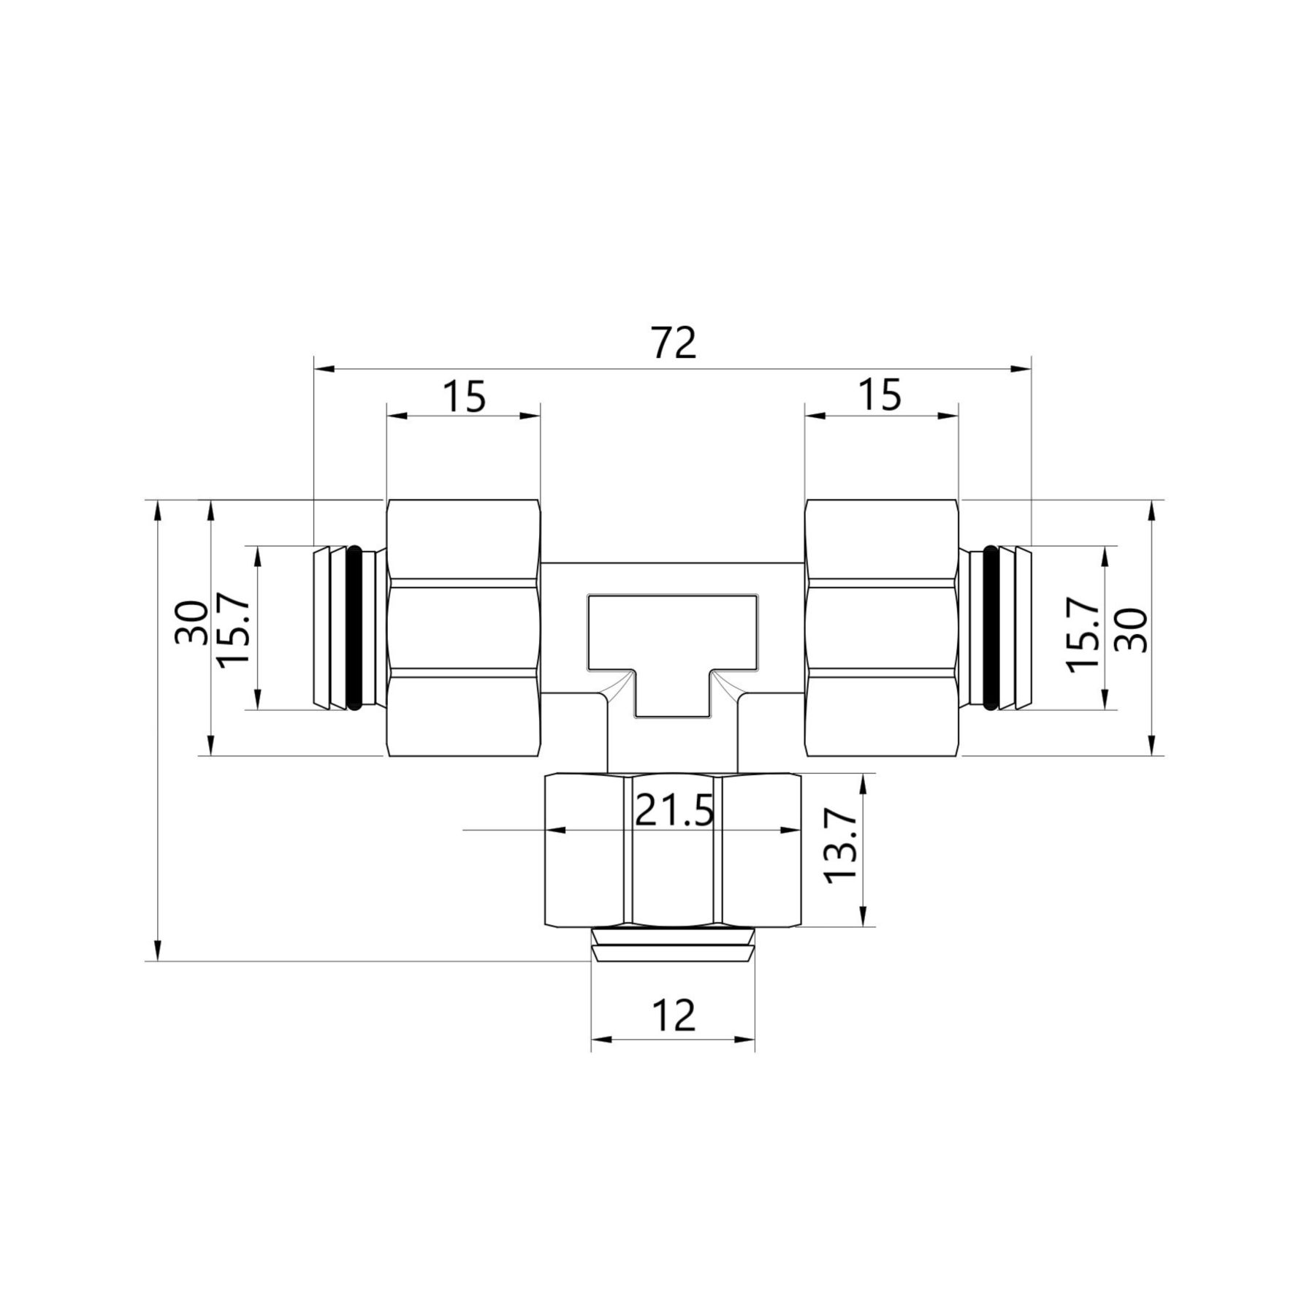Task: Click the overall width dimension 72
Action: point(674,343)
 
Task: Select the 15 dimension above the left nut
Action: point(464,397)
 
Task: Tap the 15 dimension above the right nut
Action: point(880,397)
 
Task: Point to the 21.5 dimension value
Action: point(674,809)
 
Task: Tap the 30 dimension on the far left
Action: point(191,622)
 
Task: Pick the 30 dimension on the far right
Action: point(1129,630)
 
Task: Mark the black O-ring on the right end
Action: point(991,628)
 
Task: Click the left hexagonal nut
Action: point(464,628)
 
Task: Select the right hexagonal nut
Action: point(881,628)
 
